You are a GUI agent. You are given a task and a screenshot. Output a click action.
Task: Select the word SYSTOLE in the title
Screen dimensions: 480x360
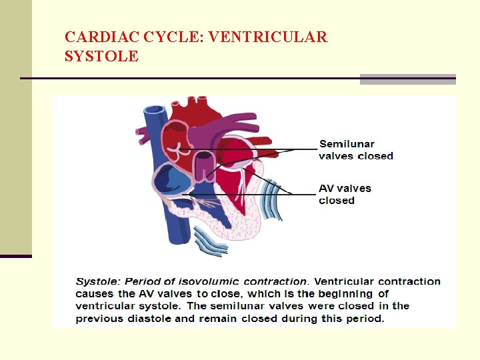[x=101, y=57]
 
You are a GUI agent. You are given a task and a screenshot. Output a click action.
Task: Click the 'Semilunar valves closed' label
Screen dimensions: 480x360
[x=356, y=150]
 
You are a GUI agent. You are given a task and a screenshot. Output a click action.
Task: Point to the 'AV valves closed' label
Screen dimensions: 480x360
[x=345, y=194]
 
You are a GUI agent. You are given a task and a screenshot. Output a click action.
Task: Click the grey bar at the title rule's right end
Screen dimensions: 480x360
[x=407, y=79]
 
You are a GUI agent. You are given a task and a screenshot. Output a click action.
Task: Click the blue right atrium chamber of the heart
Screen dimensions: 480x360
[x=172, y=179]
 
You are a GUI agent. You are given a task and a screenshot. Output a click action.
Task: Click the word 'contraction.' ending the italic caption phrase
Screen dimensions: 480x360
[x=277, y=281]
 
